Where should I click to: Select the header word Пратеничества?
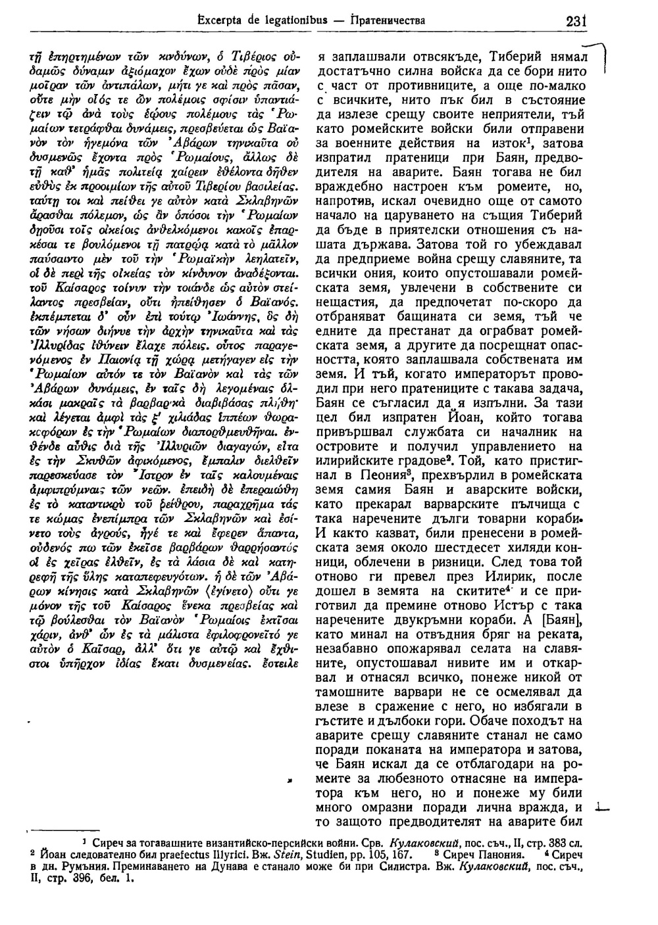point(389,21)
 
